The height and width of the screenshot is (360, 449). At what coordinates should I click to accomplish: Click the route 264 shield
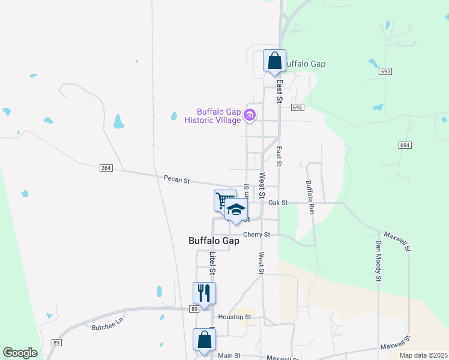106,168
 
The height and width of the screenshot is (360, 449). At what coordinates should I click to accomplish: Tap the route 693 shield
385,71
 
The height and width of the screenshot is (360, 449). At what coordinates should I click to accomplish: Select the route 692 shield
298,107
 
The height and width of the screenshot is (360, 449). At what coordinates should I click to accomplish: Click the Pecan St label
176,179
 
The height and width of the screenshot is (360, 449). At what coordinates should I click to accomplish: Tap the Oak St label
278,203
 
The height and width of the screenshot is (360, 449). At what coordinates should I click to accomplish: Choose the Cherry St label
256,235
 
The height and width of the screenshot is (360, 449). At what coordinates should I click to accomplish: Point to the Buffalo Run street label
310,198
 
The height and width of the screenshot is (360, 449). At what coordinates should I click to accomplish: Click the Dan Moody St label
379,261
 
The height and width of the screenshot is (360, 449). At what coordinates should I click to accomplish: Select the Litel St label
212,263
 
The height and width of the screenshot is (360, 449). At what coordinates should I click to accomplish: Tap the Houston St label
234,317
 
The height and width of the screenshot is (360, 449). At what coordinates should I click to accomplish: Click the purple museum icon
250,115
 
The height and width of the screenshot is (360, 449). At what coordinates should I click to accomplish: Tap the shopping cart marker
224,199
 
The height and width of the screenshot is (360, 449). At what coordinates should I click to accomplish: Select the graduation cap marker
237,209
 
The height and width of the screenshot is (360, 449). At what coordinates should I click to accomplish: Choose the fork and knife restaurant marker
204,293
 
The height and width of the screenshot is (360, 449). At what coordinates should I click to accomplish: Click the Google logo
20,353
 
